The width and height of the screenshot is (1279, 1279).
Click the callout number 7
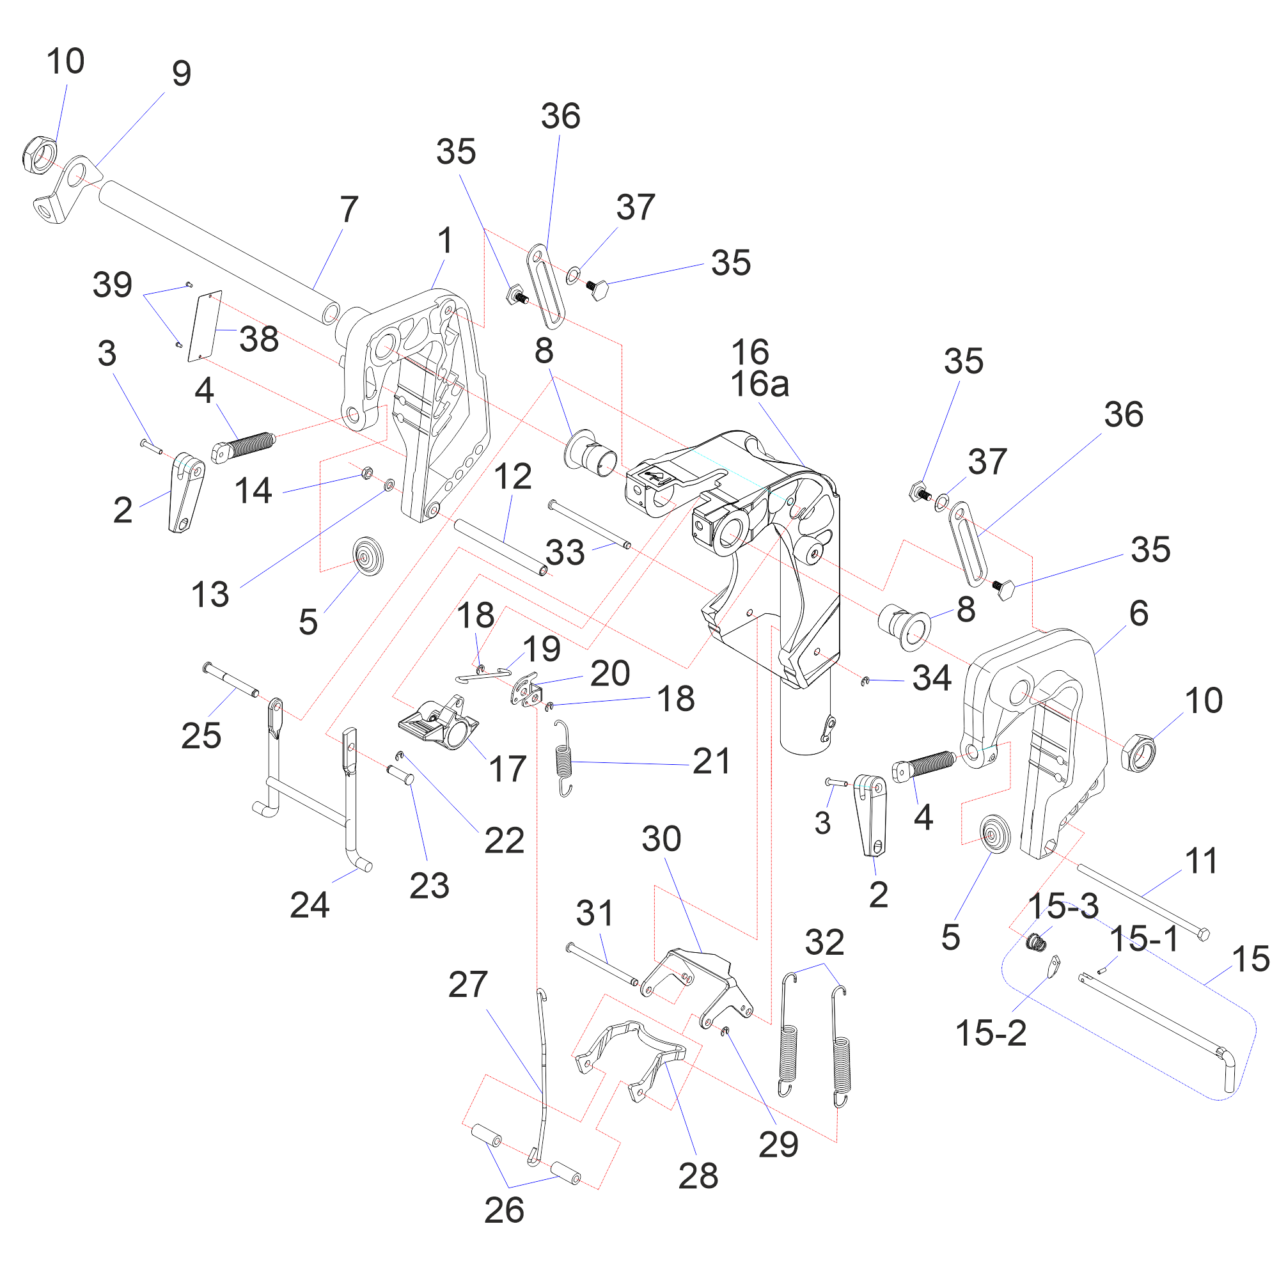point(349,209)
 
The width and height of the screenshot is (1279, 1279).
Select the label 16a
point(759,384)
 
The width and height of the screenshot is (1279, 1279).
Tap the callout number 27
point(467,984)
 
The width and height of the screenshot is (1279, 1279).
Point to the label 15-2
point(991,1033)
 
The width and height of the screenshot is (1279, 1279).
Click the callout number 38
point(259,340)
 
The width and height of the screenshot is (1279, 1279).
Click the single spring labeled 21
point(563,758)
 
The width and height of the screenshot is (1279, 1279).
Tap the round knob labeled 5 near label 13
point(368,556)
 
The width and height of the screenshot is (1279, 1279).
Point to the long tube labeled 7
point(219,251)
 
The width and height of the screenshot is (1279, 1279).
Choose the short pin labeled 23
point(400,774)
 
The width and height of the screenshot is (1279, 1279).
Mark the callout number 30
point(661,839)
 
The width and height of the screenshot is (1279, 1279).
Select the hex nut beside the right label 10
point(1138,753)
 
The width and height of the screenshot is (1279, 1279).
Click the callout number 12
point(512,476)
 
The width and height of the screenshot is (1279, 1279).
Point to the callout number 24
point(309,905)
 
